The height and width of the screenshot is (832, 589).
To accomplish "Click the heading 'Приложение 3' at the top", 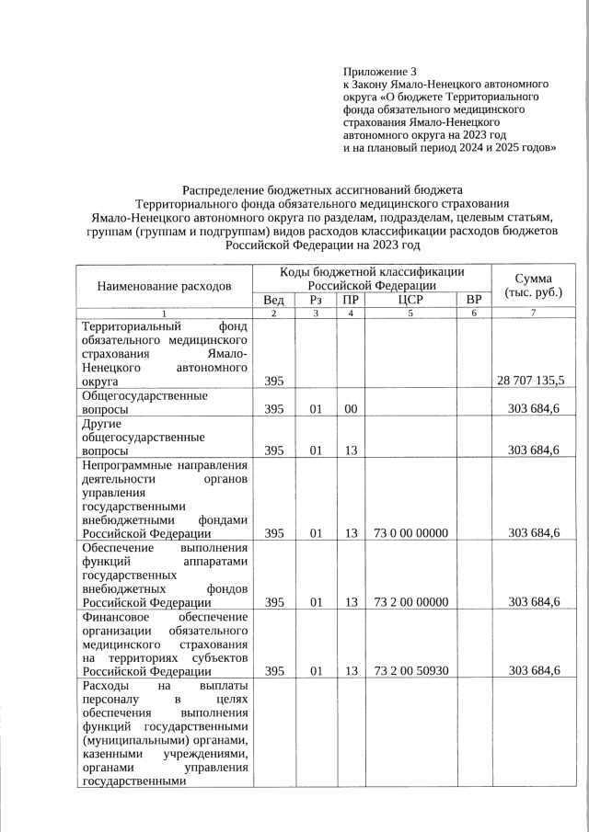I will (x=380, y=71).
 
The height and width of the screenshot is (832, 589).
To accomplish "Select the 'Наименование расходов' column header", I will (x=164, y=286).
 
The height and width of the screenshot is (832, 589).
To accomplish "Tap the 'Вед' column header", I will (x=273, y=300).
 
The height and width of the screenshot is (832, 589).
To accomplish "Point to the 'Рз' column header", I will (x=316, y=300).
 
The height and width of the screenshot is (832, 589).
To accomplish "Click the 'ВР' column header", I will (x=474, y=300).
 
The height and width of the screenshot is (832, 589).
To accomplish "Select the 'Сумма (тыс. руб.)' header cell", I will (x=533, y=286).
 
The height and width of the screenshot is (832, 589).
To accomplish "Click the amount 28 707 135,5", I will (x=531, y=381).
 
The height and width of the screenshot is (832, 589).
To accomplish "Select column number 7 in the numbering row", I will (x=533, y=314).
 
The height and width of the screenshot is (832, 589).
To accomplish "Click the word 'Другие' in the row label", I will (x=101, y=424).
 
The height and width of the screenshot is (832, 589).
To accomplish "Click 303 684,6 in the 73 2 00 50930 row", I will (x=534, y=671).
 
